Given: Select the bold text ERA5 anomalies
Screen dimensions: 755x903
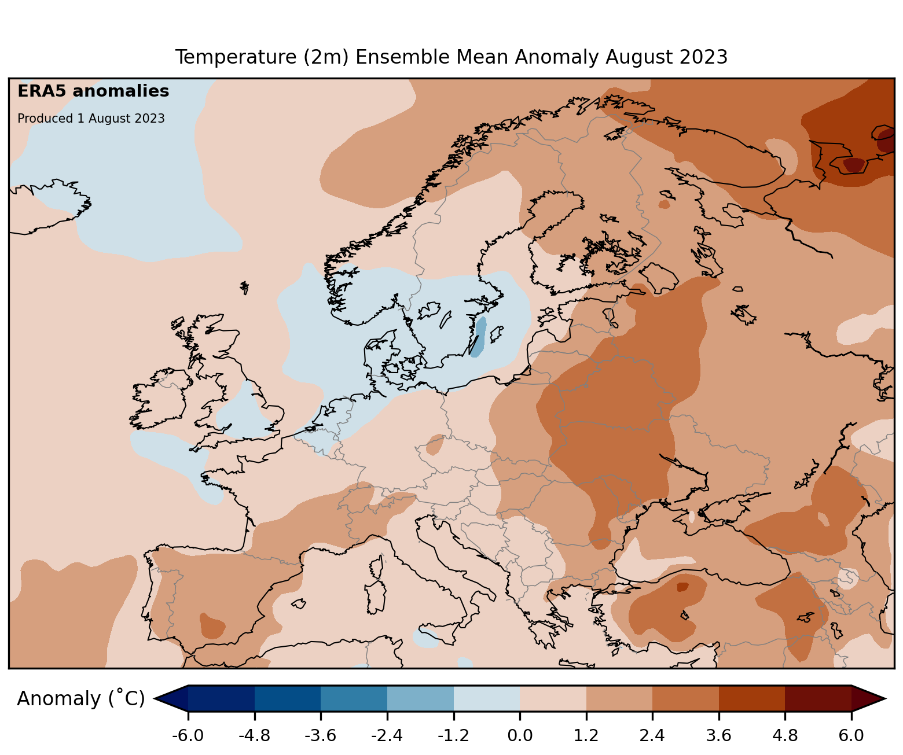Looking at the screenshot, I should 93,91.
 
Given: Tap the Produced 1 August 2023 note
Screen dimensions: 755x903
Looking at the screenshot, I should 91,119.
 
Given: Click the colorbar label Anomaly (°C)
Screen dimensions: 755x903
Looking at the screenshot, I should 80,699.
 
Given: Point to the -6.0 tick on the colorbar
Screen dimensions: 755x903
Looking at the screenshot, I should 188,735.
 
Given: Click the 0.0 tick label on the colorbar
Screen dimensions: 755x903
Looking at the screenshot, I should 520,735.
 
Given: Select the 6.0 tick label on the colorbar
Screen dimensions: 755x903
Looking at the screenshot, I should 851,735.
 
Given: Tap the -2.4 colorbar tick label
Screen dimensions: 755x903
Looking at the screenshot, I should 387,735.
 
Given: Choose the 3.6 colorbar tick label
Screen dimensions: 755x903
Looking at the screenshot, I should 718,735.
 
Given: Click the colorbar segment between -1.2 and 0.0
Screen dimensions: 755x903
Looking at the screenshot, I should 487,699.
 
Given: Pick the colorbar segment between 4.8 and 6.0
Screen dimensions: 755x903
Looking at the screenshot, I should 818,699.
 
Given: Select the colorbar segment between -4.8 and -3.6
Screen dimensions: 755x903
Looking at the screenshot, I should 288,699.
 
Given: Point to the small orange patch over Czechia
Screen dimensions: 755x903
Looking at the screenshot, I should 435,445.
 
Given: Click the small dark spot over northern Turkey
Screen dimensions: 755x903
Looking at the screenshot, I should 682,587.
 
